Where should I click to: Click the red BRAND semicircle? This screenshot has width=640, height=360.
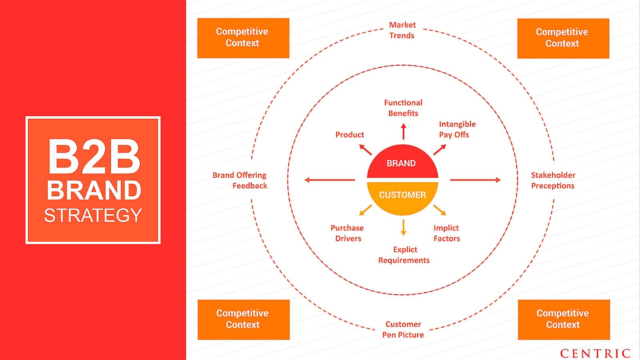[402, 162]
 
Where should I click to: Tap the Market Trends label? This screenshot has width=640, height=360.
[402, 30]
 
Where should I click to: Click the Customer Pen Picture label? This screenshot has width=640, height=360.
[403, 330]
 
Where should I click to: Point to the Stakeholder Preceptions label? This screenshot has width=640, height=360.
[553, 180]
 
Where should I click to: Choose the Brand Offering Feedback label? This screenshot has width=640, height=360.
[240, 180]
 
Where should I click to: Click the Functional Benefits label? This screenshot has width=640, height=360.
[403, 108]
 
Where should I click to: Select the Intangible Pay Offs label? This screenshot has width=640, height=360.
[457, 129]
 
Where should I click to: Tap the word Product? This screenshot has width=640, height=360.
[350, 135]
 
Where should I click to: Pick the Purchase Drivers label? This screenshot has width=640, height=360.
[347, 233]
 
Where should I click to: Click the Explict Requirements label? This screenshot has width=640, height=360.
[404, 255]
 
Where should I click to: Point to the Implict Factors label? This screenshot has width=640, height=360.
[447, 233]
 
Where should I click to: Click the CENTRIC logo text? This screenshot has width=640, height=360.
[595, 354]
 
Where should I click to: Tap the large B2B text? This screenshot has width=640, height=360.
[94, 157]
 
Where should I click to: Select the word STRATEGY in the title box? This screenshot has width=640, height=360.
[93, 216]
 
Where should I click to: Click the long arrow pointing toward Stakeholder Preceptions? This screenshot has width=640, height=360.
[475, 180]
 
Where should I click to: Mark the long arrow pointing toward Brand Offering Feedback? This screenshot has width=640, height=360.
[330, 180]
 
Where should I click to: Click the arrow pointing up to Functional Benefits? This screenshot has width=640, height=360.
[403, 131]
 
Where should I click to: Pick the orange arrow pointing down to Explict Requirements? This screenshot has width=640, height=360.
[403, 227]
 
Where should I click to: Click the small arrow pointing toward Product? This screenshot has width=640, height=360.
[366, 150]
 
